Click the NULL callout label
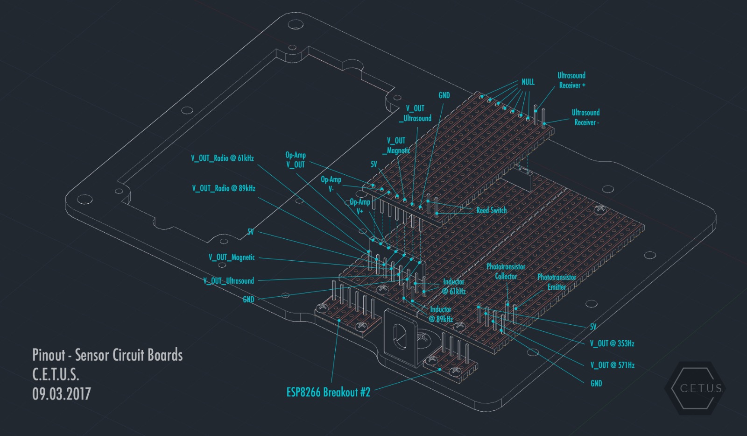click(528, 82)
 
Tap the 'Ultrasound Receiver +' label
click(571, 80)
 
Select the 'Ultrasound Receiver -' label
click(586, 117)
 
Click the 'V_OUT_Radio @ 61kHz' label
click(222, 158)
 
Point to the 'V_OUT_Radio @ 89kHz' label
click(224, 188)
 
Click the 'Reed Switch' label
click(491, 210)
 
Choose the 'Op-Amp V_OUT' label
click(296, 160)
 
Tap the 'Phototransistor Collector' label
click(506, 272)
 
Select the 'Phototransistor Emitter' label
click(557, 282)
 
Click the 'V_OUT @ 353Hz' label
click(612, 343)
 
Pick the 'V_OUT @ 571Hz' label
click(612, 365)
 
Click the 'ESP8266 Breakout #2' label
click(328, 392)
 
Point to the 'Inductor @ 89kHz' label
click(441, 314)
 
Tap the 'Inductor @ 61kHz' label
click(454, 286)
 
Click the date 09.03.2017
click(62, 393)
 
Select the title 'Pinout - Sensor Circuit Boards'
click(107, 355)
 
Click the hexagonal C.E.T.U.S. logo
click(696, 388)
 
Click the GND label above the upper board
click(444, 95)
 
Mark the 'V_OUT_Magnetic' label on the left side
click(232, 257)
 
